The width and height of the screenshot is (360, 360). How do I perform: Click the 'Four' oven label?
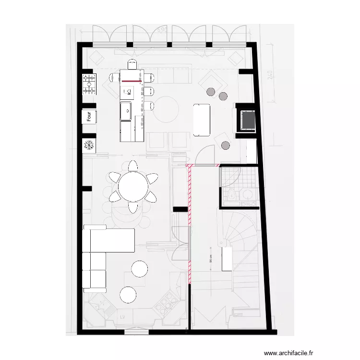point(89,116)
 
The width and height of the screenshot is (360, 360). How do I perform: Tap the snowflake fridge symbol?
point(89,144)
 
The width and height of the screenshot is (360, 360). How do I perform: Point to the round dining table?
point(134,187)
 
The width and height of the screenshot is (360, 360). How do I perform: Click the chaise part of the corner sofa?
point(109,240)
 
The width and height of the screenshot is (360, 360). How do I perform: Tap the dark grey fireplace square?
point(248,120)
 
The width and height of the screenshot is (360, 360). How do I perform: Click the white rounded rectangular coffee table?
point(202,120)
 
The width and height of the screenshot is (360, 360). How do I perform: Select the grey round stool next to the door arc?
point(225,145)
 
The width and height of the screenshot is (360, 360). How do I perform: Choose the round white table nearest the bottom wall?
point(129,294)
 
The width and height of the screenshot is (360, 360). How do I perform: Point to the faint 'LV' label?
point(124,316)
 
